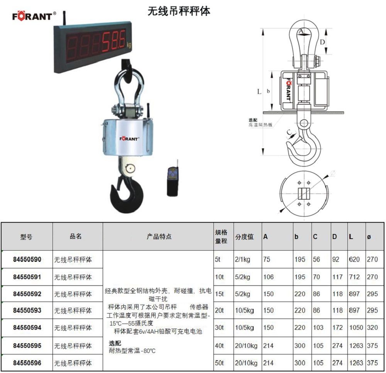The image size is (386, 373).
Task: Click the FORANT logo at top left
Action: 34,16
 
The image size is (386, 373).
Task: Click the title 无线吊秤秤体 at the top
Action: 179,11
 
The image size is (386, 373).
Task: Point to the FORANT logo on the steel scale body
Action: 129,139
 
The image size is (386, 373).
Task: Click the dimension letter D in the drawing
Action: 322,42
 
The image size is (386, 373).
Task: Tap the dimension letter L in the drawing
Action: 259,92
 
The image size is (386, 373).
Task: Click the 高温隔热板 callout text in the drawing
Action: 260,125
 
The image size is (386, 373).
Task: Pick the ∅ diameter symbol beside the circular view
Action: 333,173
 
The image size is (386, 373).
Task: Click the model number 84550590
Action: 27,259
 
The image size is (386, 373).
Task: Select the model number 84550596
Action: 27,363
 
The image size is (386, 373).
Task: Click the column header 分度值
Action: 244,237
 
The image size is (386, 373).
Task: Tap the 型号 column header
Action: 26,237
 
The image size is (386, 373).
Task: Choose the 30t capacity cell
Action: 219,327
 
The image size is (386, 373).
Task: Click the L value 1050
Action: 356,327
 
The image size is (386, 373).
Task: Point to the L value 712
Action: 354,277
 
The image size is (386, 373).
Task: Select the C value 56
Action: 317,259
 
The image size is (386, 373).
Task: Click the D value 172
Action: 337,327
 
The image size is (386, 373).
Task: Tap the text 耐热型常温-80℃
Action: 132,351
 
